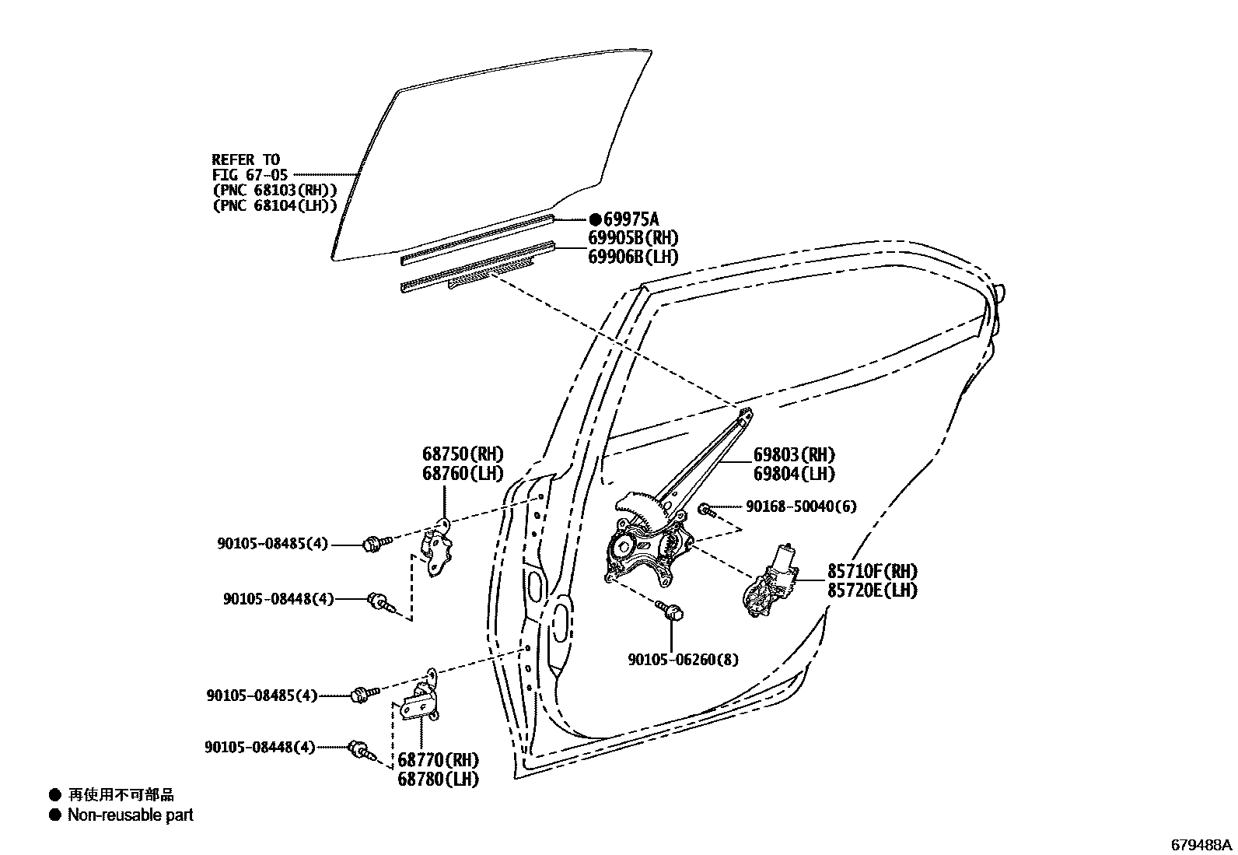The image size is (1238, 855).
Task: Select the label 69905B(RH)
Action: click(x=633, y=239)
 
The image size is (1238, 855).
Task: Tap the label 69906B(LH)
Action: click(x=632, y=257)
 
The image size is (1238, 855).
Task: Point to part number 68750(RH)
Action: click(x=463, y=454)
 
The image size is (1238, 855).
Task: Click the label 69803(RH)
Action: click(x=794, y=455)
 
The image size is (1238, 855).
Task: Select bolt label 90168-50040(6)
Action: click(x=801, y=506)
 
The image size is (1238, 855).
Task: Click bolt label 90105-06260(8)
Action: click(x=684, y=660)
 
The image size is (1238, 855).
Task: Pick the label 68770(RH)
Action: click(x=439, y=759)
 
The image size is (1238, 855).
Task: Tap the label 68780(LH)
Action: click(x=439, y=779)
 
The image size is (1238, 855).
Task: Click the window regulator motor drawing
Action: click(x=770, y=580)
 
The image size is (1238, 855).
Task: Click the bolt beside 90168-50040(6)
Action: click(x=705, y=510)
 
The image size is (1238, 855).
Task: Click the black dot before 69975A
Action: click(x=595, y=219)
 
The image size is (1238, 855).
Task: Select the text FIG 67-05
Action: click(x=250, y=175)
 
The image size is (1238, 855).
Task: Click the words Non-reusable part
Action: click(x=130, y=815)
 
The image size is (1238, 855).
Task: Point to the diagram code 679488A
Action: click(x=1202, y=844)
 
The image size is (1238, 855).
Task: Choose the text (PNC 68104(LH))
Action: click(x=275, y=205)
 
